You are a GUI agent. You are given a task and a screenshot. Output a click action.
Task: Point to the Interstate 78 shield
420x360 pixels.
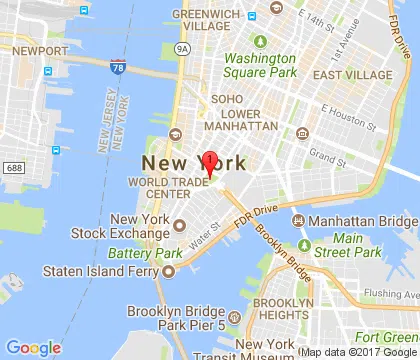[119, 66]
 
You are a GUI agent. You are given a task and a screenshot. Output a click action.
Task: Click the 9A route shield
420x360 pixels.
[181, 46]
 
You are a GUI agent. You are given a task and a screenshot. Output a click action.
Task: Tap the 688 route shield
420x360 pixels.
[13, 165]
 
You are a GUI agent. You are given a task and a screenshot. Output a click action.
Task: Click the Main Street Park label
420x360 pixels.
[350, 245]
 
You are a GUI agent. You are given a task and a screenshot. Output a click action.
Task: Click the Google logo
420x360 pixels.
[35, 347]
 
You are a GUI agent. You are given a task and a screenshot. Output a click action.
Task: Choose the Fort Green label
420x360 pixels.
[390, 338]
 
